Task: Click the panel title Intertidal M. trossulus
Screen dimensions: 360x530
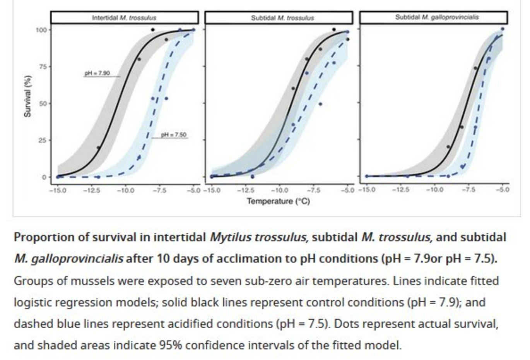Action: pos(124,18)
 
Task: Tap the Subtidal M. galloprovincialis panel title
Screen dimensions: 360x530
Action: pos(437,17)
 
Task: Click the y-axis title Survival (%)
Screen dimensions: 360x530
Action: pos(27,96)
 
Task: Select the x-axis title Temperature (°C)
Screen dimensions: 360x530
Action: pos(278,201)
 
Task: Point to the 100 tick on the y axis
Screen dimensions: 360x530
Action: pos(41,30)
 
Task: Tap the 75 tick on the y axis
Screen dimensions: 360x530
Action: pos(43,67)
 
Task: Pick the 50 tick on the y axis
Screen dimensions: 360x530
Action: pos(43,104)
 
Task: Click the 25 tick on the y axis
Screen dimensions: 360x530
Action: pos(43,141)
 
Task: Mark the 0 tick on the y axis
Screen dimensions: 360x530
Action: pos(44,177)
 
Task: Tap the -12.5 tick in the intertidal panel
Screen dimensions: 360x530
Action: pos(92,190)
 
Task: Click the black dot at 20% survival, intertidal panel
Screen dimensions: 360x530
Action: pos(98,147)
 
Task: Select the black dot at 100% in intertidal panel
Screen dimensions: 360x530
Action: pos(153,30)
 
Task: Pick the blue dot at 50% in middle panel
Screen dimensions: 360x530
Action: pos(320,104)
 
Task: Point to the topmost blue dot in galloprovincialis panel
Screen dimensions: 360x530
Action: pos(503,29)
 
